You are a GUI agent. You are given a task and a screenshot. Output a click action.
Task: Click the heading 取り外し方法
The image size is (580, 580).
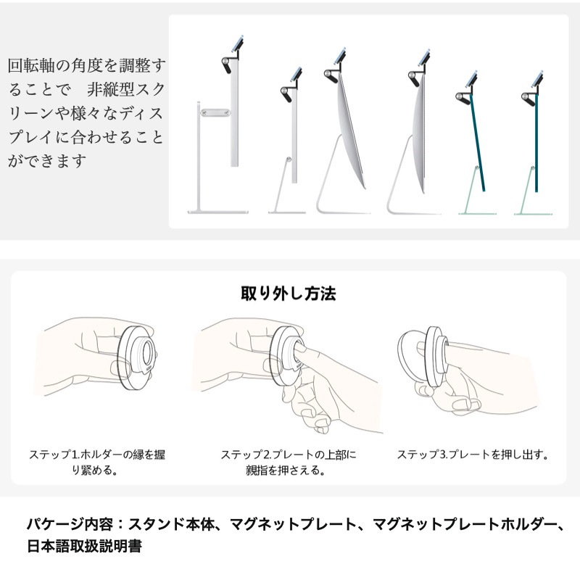[x=288, y=294]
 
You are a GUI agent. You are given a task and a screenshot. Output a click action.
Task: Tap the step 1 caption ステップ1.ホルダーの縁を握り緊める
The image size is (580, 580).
[x=97, y=462]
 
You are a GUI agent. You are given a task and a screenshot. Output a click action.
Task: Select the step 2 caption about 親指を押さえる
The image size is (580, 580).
[x=288, y=462]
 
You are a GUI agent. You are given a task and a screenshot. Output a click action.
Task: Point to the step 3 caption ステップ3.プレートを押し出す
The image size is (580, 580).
[x=473, y=455]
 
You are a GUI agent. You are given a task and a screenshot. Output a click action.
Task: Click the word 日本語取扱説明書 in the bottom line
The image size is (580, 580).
[x=84, y=546]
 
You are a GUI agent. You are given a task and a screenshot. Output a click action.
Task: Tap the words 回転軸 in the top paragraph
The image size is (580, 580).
[x=31, y=65]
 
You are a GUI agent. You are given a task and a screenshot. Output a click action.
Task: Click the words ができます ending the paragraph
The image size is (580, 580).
[x=47, y=161]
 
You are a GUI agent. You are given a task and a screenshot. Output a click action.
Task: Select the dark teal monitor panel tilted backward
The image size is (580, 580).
[x=478, y=142]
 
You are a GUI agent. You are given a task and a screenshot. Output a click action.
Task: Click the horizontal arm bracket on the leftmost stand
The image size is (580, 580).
[x=215, y=112]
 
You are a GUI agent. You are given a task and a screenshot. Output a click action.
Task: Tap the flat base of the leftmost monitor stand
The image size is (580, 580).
[x=218, y=212]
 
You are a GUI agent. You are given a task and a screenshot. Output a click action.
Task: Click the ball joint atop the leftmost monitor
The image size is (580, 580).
[x=226, y=62]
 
